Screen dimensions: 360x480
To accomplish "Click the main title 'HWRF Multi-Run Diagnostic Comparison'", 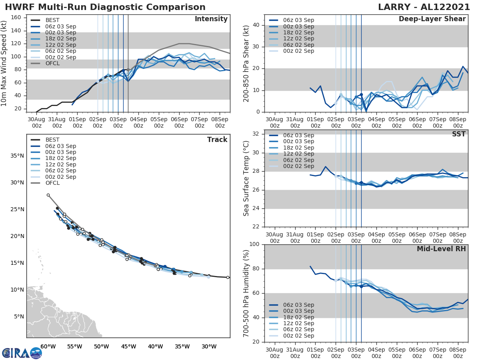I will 105,7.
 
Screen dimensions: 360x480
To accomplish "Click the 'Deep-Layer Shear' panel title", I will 432,19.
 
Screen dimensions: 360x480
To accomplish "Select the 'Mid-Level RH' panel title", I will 441,249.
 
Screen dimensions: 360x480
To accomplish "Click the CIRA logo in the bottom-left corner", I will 22,353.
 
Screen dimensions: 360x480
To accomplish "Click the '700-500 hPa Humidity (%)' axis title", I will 247,293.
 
